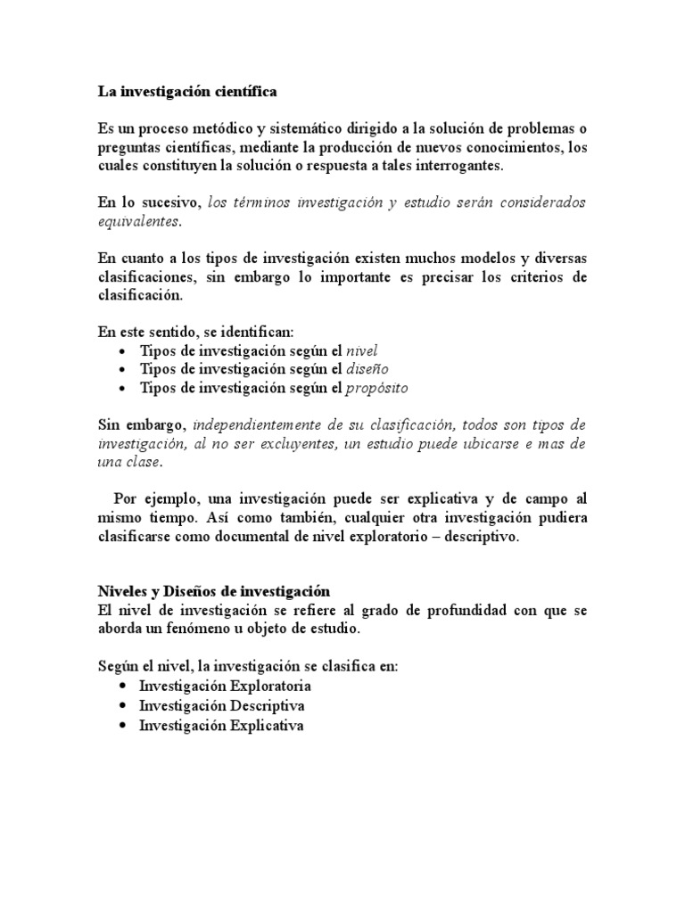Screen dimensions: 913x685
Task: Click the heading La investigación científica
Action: pyautogui.click(x=187, y=91)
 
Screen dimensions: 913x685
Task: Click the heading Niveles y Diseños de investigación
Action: pyautogui.click(x=213, y=591)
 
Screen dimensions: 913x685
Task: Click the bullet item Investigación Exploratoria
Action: pyautogui.click(x=225, y=687)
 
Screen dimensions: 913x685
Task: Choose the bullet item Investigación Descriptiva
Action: pyautogui.click(x=222, y=705)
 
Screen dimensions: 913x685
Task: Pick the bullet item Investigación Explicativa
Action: pyautogui.click(x=221, y=725)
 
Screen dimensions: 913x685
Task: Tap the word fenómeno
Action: pyautogui.click(x=210, y=628)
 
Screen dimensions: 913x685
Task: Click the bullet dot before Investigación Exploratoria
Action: pyautogui.click(x=121, y=687)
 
